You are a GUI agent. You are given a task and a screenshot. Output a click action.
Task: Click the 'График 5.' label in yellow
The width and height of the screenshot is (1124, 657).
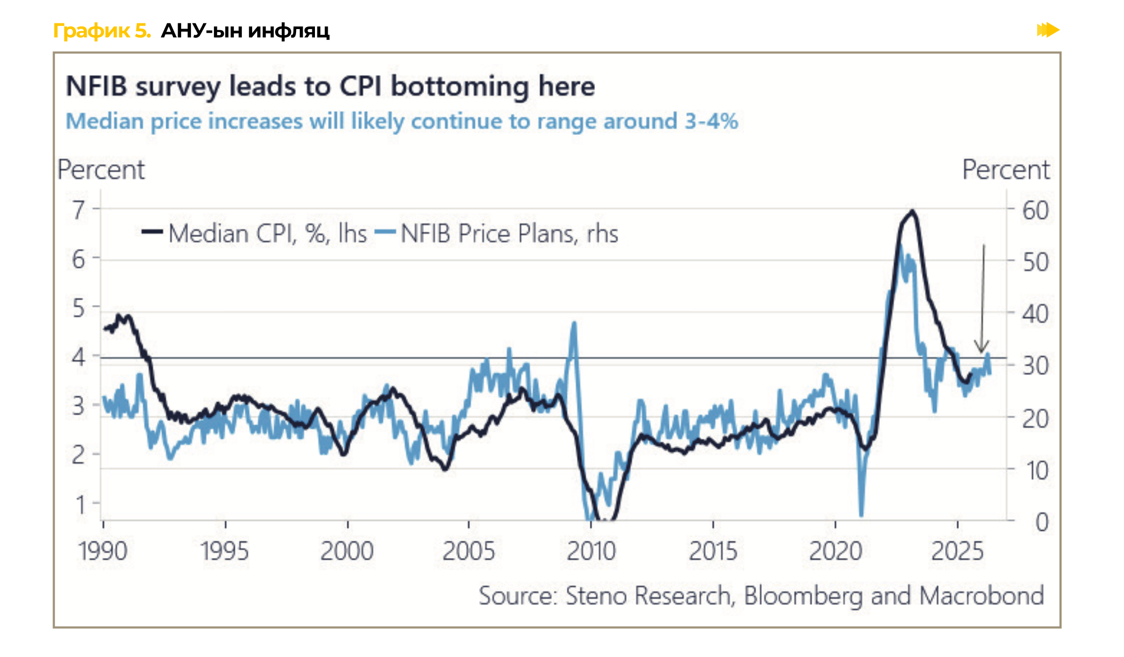102,31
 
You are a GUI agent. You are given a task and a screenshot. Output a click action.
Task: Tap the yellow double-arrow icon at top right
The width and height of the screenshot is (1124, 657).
1047,30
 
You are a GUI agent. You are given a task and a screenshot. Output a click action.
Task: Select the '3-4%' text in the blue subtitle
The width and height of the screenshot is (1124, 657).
711,121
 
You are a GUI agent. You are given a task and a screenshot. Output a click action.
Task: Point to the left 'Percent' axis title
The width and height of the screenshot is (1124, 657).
101,170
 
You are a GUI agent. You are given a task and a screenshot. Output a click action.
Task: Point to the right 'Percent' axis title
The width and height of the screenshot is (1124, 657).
1006,170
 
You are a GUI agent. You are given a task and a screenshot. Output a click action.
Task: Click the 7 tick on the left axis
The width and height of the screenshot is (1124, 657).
79,210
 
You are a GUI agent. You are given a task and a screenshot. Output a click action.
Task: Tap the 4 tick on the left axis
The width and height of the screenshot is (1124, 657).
79,357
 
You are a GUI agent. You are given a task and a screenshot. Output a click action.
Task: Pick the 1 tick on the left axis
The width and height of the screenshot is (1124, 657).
80,504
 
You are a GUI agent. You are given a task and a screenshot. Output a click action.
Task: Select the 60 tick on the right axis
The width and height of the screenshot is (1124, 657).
1035,211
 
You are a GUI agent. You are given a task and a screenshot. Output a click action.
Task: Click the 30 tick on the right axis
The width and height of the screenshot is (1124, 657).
1035,366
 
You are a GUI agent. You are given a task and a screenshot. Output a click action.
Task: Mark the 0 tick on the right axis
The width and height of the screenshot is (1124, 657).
1042,522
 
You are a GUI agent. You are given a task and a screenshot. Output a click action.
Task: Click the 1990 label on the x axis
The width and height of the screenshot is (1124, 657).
103,551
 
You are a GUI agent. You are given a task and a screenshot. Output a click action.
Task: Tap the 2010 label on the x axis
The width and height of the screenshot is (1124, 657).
591,551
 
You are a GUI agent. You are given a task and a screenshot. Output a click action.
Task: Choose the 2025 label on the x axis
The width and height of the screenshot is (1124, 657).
957,551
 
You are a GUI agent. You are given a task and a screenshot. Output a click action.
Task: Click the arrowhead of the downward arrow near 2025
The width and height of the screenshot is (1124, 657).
982,349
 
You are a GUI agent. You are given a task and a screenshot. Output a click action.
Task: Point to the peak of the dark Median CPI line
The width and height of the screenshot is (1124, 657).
912,211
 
